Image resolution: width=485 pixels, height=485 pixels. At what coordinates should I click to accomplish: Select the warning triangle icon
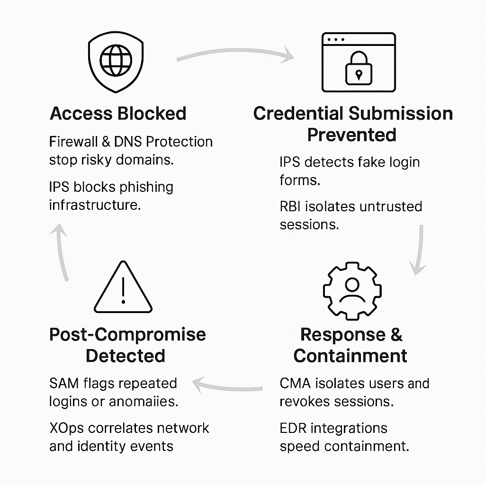[123, 288]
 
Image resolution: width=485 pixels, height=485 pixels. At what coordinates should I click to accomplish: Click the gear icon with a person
[352, 290]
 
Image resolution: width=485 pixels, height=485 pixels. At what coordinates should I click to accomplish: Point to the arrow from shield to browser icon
[235, 54]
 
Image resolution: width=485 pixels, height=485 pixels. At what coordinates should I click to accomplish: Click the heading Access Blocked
[118, 114]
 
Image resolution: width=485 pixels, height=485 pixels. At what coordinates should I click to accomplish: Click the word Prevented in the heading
[351, 135]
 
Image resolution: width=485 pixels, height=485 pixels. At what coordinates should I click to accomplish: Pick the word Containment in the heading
[350, 356]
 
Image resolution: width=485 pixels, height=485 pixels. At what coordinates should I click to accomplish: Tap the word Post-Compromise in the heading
[127, 334]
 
